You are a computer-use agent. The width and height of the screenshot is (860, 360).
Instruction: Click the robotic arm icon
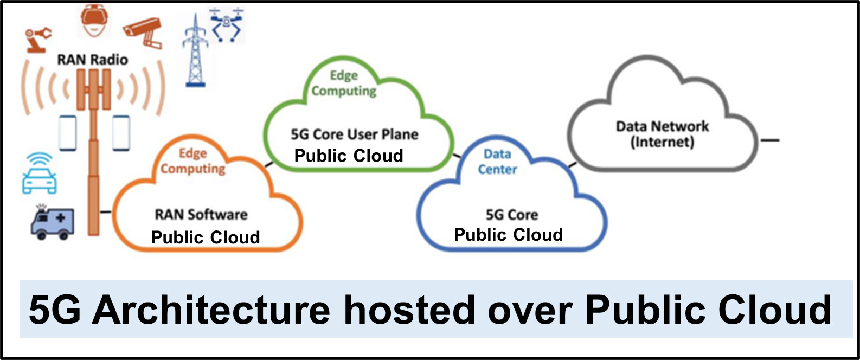pyautogui.click(x=38, y=40)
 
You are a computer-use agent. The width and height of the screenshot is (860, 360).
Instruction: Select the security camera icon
pyautogui.click(x=143, y=32)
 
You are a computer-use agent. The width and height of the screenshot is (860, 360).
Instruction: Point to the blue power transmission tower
pyautogui.click(x=195, y=50)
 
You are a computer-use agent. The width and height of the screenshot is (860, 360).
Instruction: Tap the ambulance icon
pyautogui.click(x=52, y=223)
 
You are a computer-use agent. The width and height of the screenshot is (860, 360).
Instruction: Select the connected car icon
pyautogui.click(x=40, y=173)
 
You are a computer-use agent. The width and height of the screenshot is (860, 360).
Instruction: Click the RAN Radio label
pyautogui.click(x=93, y=60)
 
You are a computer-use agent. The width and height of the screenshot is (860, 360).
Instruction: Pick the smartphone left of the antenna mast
pyautogui.click(x=68, y=133)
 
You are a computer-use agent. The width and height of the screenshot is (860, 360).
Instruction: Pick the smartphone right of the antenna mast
pyautogui.click(x=121, y=133)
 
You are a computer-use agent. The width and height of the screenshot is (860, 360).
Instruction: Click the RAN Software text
pyautogui.click(x=201, y=215)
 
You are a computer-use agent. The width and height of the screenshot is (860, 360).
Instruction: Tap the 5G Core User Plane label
pyautogui.click(x=355, y=134)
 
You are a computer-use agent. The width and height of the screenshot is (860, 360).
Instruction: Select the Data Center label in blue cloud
pyautogui.click(x=497, y=162)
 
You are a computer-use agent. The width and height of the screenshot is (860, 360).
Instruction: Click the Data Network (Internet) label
pyautogui.click(x=662, y=134)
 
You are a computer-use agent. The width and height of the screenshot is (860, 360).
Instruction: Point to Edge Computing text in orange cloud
pyautogui.click(x=192, y=161)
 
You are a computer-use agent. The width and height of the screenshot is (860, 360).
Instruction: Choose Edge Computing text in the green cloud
pyautogui.click(x=344, y=83)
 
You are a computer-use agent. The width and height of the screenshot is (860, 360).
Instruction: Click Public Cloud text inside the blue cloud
pyautogui.click(x=508, y=235)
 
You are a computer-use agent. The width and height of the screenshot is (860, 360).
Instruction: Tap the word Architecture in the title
pyautogui.click(x=211, y=310)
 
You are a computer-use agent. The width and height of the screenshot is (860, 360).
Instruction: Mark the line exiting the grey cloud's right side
pyautogui.click(x=770, y=140)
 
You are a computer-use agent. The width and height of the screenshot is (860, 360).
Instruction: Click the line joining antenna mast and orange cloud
pyautogui.click(x=105, y=212)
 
